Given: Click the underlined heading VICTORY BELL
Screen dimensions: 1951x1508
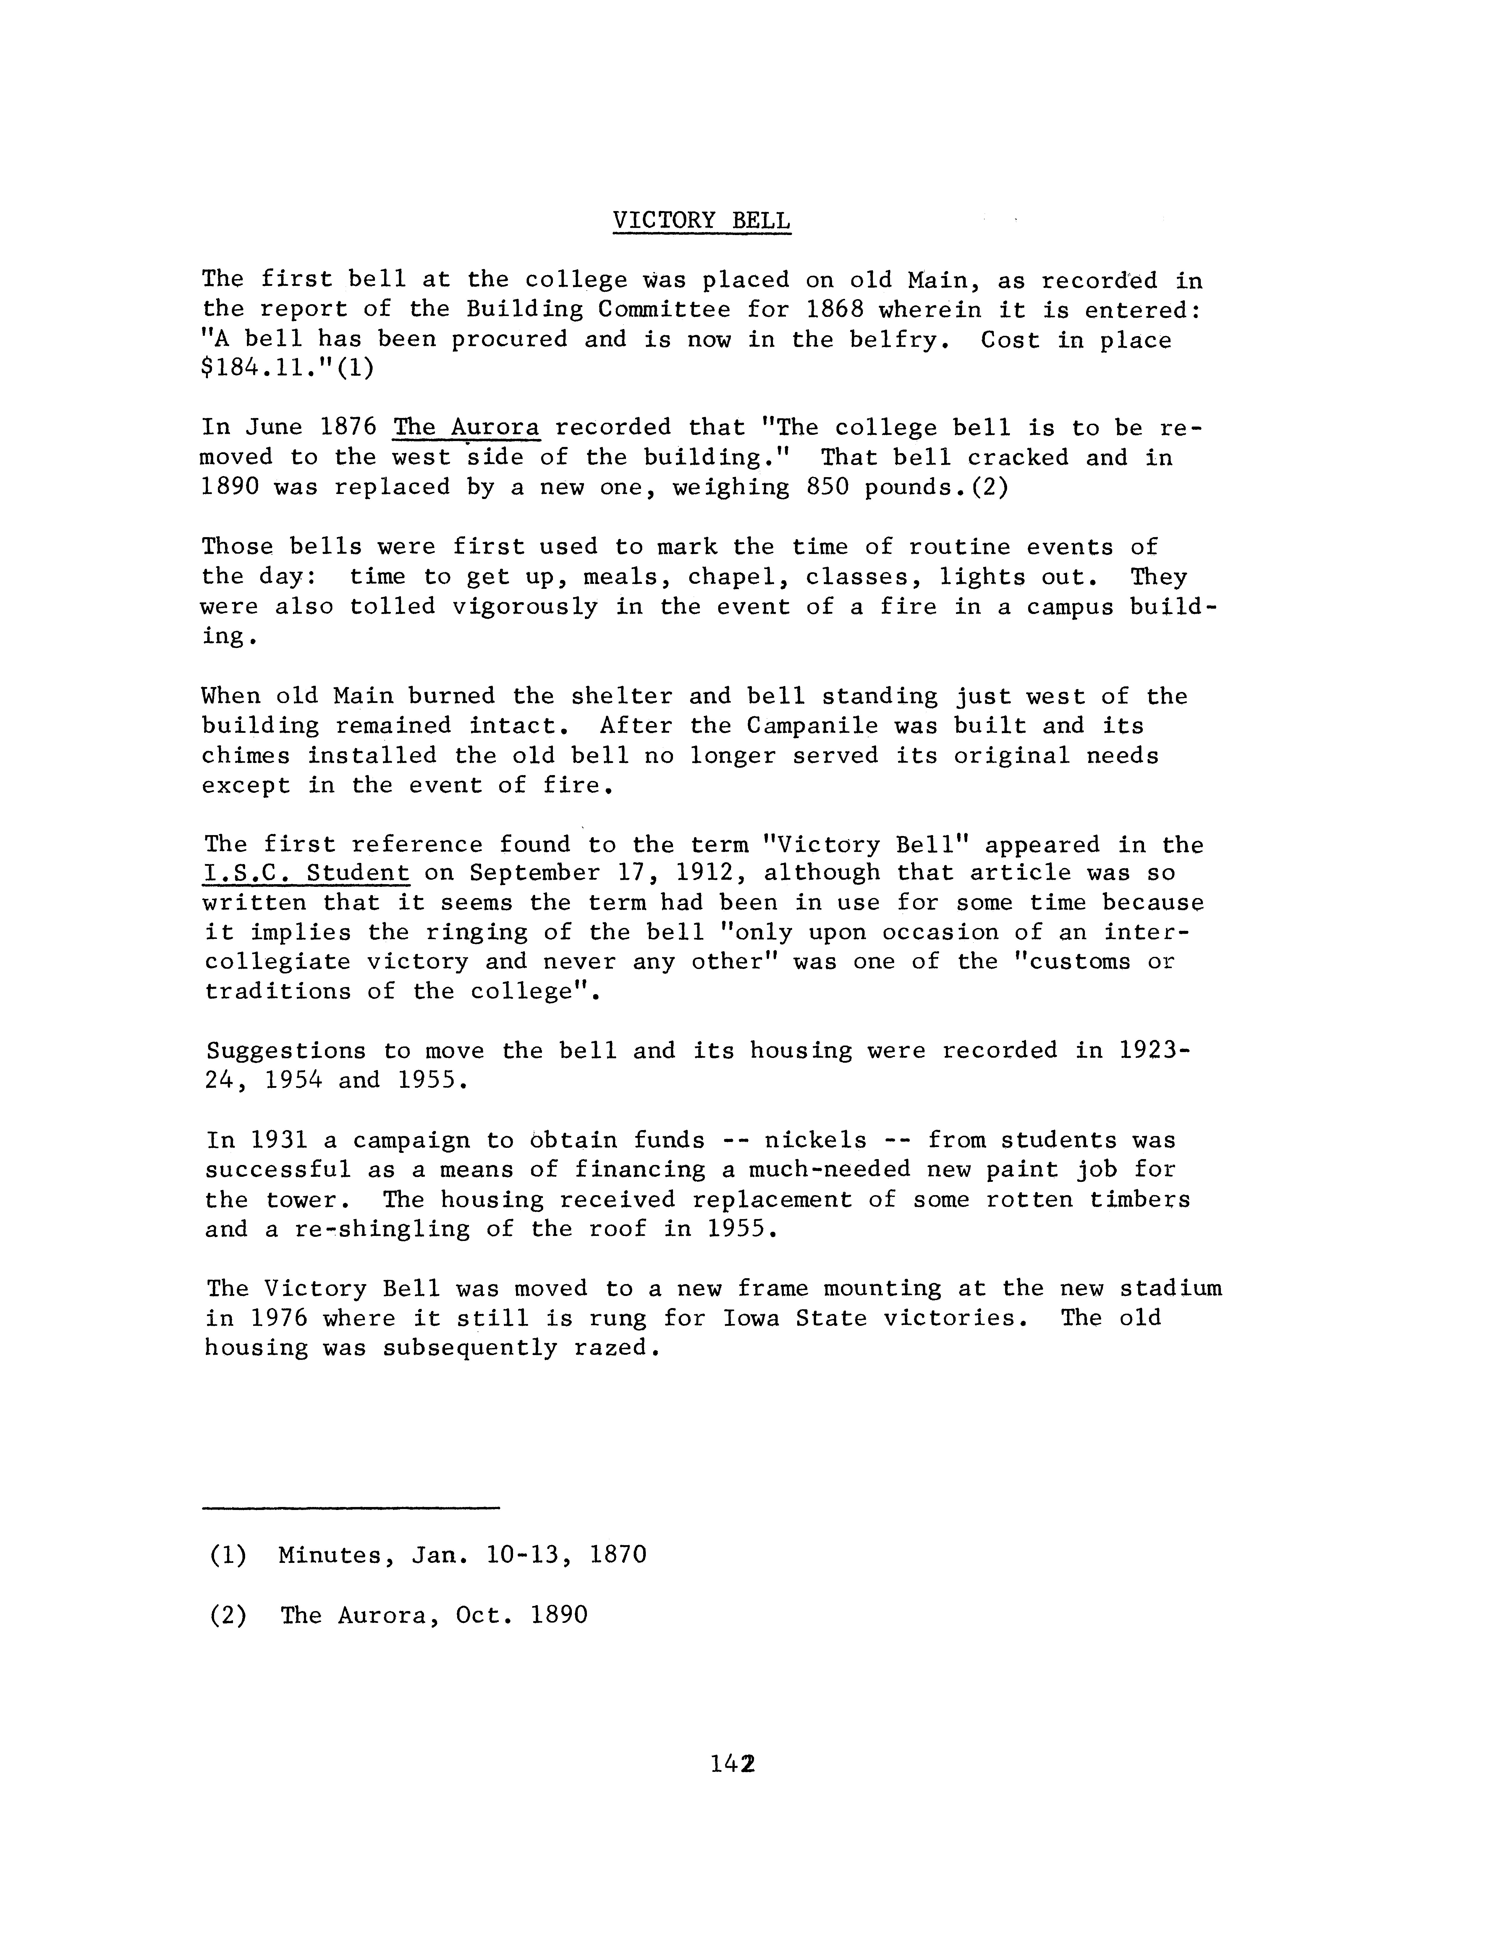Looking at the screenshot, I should click(701, 221).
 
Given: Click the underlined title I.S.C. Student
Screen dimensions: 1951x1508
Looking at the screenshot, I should click(306, 873).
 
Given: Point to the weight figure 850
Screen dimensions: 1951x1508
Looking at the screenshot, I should click(826, 488).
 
